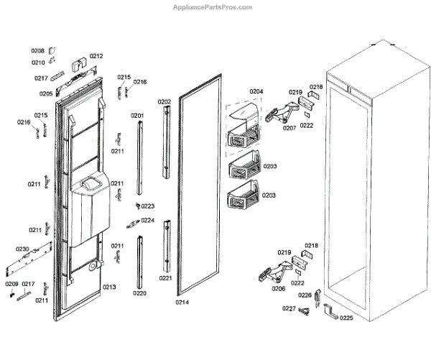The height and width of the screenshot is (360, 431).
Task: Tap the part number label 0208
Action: [x=37, y=50]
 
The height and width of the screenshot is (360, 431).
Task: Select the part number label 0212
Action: [x=96, y=56]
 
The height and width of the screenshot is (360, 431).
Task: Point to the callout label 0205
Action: [x=46, y=93]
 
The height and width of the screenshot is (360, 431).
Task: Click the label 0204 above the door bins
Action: [x=256, y=91]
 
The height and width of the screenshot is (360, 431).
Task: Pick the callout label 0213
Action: [x=109, y=287]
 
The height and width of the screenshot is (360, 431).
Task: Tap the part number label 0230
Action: [x=22, y=249]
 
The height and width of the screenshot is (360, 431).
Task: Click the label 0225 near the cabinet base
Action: [x=346, y=318]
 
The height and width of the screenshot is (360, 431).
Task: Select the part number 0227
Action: [x=288, y=309]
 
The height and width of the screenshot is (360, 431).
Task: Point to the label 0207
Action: [x=289, y=128]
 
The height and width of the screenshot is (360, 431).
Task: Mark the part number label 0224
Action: [x=147, y=221]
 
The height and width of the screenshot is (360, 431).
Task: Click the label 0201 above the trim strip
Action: [x=137, y=116]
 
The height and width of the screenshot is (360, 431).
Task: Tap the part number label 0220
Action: [x=139, y=293]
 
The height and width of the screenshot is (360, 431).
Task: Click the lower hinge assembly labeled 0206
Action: [x=269, y=273]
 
